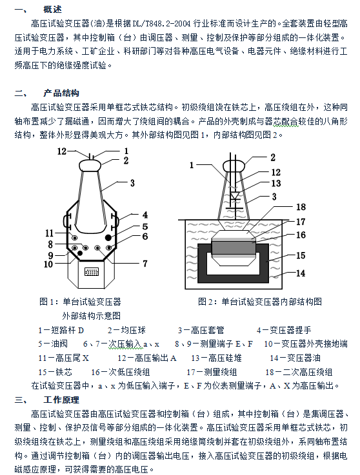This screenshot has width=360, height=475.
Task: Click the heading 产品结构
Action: tap(61, 93)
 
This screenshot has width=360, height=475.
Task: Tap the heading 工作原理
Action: tap(61, 400)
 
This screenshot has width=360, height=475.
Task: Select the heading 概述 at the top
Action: tap(52, 9)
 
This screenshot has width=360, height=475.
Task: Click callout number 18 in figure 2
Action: tap(301, 207)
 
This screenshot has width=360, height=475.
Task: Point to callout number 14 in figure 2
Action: tap(301, 273)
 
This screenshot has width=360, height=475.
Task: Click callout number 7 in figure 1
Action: tap(145, 264)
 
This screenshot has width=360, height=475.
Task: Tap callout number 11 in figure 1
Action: tap(50, 233)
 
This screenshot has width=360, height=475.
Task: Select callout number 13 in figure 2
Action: tap(276, 183)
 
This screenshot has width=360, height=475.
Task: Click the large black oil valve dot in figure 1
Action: tap(108, 237)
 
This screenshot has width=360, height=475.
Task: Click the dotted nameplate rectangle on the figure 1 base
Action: tap(91, 271)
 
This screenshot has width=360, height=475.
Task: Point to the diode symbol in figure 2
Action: tap(235, 195)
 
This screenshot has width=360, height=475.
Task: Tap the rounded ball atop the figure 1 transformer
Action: tap(90, 166)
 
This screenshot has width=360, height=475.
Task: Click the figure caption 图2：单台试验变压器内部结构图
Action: tap(260, 302)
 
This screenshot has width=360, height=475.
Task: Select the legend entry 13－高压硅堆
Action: tap(216, 358)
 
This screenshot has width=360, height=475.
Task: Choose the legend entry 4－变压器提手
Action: tap(284, 330)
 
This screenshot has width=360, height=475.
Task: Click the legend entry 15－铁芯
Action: tap(55, 372)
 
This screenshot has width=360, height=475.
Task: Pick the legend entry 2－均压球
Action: tap(126, 330)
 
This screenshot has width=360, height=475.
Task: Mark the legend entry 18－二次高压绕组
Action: tap(299, 372)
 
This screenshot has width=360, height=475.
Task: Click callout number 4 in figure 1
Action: tap(145, 215)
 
